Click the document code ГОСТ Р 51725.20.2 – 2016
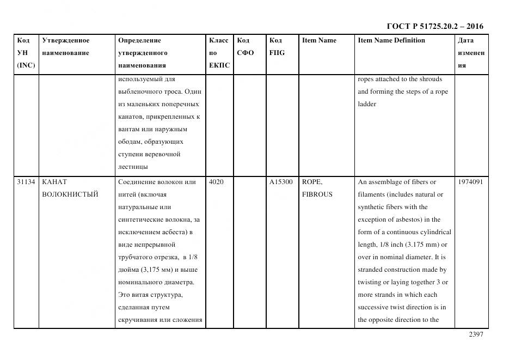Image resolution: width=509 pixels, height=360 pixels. (434, 26)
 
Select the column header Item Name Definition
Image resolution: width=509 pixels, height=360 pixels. (391, 40)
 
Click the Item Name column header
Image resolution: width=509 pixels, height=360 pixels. (319, 40)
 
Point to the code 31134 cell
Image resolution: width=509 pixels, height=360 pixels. (26, 182)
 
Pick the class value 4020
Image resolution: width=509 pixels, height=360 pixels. (216, 182)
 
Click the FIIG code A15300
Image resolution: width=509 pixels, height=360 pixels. (281, 182)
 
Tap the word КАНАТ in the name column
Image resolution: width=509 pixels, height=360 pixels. (54, 182)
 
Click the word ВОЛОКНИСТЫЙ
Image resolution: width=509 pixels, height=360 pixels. (70, 194)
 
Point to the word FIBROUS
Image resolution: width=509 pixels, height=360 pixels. (317, 194)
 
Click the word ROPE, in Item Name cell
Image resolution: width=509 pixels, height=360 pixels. (312, 182)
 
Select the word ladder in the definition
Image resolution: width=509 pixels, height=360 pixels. (367, 104)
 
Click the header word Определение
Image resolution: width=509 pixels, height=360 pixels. (139, 40)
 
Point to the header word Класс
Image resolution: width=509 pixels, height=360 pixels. (219, 40)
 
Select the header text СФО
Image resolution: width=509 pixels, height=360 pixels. (246, 53)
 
